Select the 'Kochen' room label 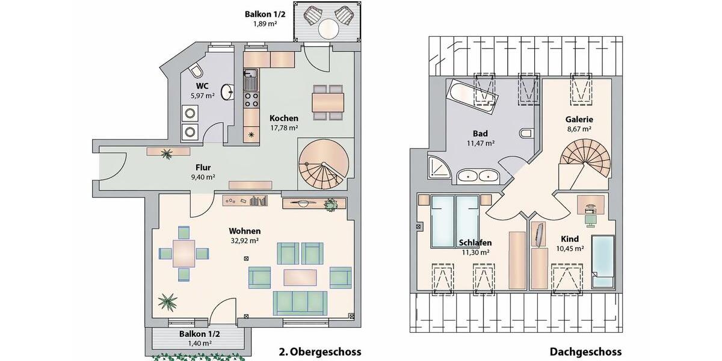point(283,118)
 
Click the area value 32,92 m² point(244,241)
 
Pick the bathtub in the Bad point(473,96)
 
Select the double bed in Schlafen point(455,220)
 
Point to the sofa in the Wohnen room point(300,302)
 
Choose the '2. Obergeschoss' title point(320,351)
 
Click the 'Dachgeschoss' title point(585,351)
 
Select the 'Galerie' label point(579,119)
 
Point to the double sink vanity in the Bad point(477,176)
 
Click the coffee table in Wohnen point(300,277)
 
